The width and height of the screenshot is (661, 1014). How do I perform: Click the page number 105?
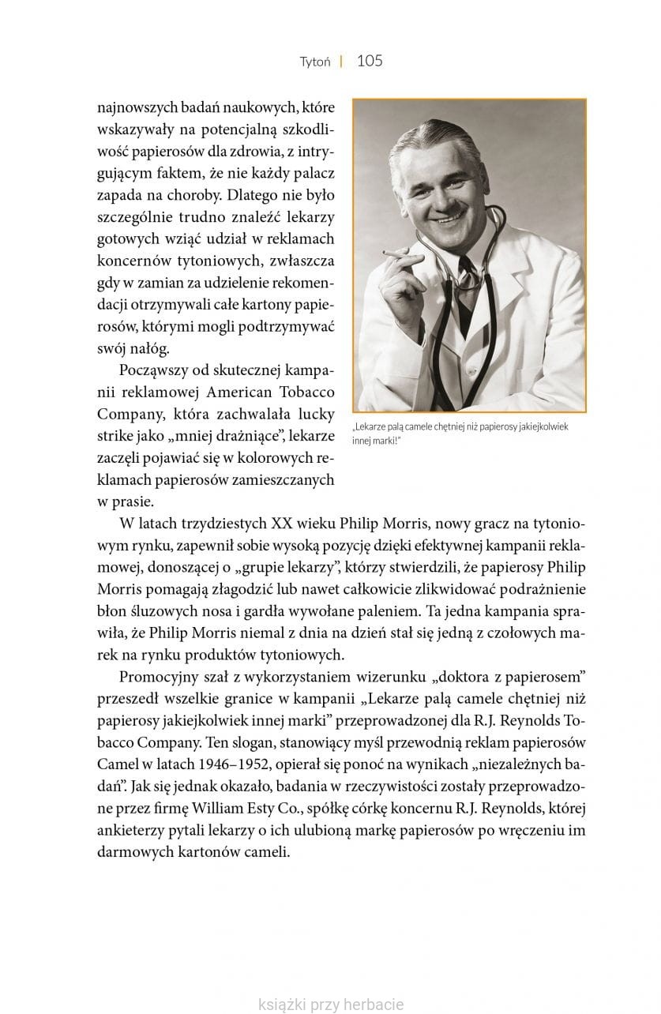pos(370,61)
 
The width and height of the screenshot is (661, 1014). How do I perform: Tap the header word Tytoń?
pos(315,62)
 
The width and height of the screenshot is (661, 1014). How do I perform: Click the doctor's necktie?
pos(468,276)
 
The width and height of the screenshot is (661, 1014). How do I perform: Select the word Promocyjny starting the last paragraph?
pos(159,676)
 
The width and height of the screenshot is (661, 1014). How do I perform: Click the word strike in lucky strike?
pos(116,437)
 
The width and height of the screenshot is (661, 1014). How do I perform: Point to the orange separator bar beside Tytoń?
pos(341,62)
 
